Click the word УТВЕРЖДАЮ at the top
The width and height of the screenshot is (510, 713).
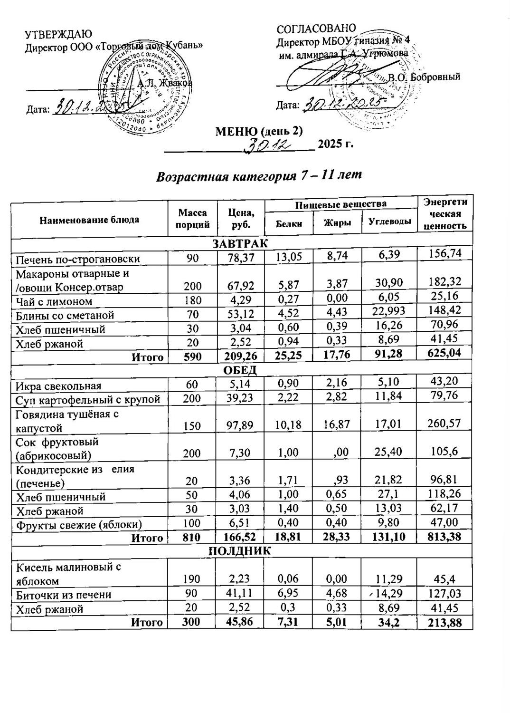tap(58, 34)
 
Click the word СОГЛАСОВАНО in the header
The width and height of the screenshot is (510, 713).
tap(316, 29)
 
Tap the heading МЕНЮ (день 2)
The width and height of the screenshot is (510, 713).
tap(259, 131)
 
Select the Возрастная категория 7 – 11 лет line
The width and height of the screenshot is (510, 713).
tap(259, 176)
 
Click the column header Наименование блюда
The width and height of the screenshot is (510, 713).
tap(89, 220)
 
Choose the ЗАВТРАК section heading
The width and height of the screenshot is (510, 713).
tap(240, 244)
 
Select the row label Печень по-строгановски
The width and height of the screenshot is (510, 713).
tap(78, 260)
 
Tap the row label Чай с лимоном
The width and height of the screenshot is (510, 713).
tap(54, 302)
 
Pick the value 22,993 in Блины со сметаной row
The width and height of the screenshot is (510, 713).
tap(389, 311)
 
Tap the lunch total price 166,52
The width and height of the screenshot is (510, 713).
tap(240, 538)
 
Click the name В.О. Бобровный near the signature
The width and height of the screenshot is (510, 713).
tap(424, 77)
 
